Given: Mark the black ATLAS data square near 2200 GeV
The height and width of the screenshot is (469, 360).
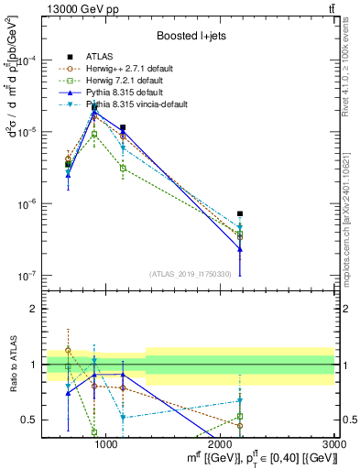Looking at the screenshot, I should point(240,213).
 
